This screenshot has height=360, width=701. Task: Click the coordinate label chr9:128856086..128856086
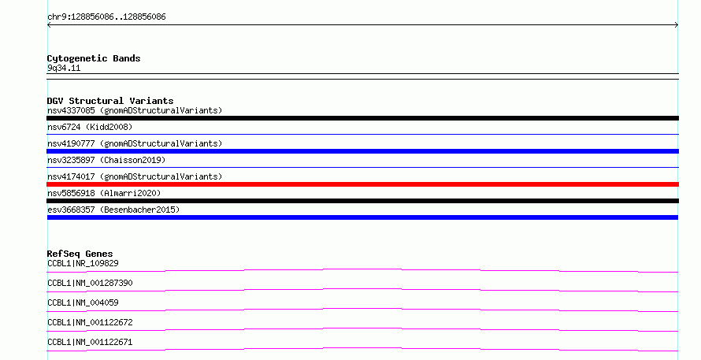point(106,17)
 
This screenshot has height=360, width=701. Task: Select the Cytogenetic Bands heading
point(94,58)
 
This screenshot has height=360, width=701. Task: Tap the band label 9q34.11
point(64,69)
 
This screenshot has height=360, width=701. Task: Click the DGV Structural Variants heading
point(110,101)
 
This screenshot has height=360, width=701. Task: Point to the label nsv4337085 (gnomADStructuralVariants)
point(135,110)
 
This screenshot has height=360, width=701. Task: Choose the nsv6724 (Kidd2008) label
point(90,127)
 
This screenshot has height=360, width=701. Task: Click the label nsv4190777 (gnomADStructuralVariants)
point(135,143)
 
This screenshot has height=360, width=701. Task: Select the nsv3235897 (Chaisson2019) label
point(106,160)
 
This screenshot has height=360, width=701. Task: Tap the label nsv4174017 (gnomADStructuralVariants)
point(135,176)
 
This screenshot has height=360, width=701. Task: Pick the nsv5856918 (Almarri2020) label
point(104,193)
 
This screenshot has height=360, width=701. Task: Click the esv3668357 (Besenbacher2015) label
point(113,210)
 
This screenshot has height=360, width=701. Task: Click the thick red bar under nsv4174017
point(362,184)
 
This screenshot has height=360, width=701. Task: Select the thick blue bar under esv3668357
point(362,217)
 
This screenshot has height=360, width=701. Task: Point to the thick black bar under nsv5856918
point(362,201)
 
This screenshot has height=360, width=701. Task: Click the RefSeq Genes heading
point(80,254)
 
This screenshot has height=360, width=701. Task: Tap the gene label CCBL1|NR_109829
point(83,263)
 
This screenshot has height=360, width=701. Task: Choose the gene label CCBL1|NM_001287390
point(90,283)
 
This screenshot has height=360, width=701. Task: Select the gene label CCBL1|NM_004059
point(83,302)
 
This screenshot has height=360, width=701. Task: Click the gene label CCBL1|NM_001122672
point(90,322)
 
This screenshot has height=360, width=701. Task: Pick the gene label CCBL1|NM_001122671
point(90,342)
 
